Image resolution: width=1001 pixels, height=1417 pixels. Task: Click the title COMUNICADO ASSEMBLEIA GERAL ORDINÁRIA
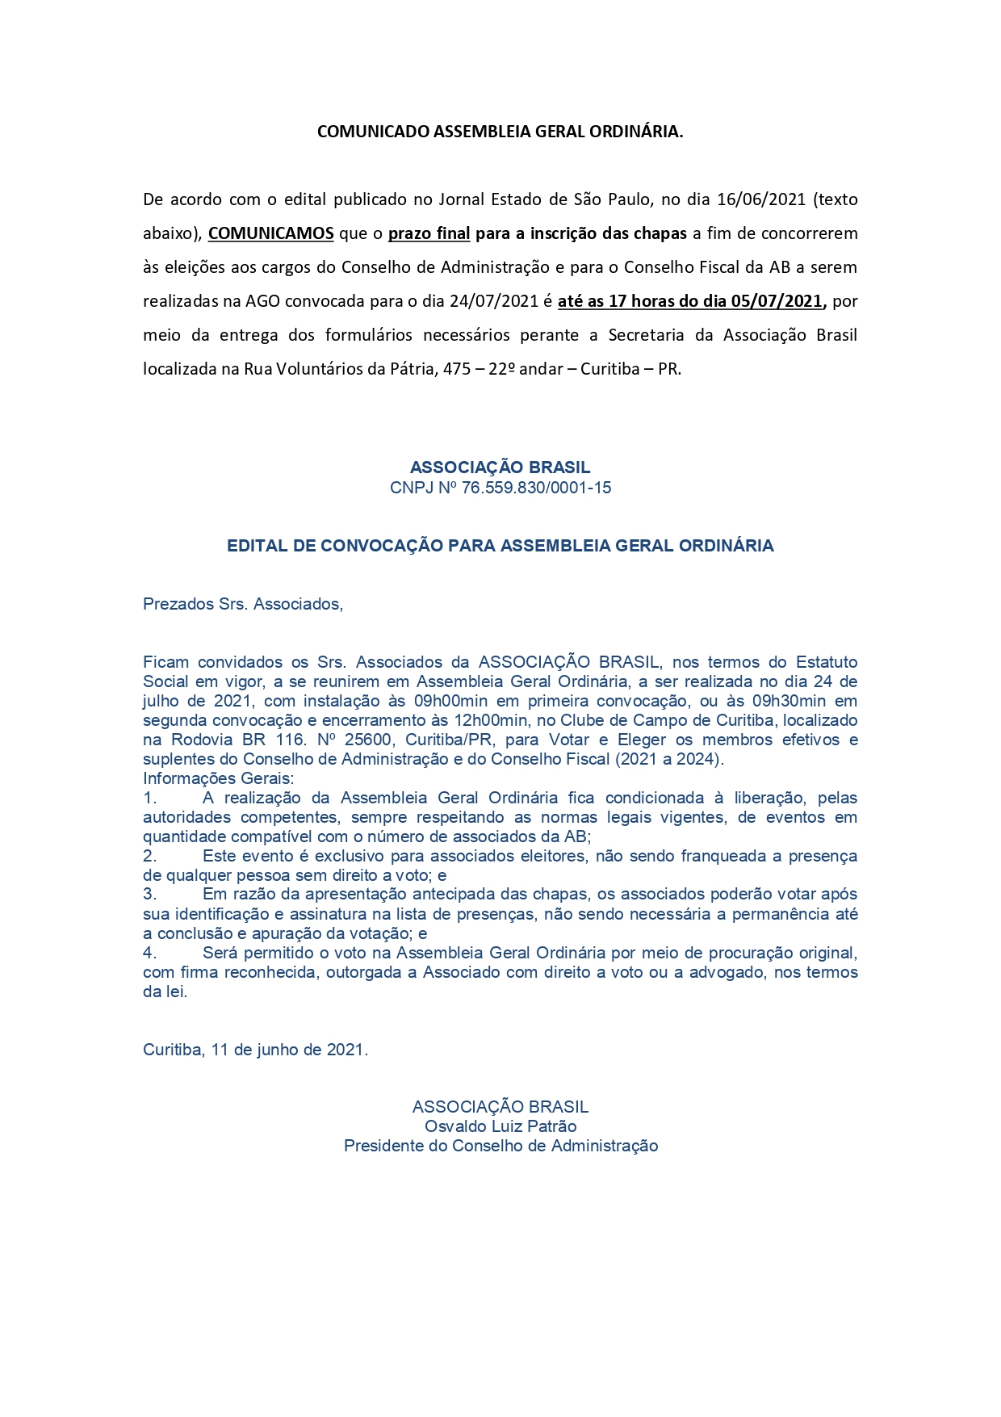point(500,132)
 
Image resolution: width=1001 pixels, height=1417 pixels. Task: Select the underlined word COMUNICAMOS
point(270,233)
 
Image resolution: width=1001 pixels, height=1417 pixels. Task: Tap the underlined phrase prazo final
point(429,233)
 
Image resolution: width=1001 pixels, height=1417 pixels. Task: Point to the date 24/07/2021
point(494,301)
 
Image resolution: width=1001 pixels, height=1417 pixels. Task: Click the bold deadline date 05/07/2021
point(776,301)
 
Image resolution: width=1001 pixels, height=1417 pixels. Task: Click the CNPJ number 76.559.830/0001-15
point(536,488)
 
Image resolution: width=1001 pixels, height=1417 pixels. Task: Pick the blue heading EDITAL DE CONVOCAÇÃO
point(500,546)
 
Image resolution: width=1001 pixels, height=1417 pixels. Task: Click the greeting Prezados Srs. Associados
point(242,604)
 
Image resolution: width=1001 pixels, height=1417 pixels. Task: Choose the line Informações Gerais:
point(219,778)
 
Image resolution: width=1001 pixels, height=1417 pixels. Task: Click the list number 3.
point(149,895)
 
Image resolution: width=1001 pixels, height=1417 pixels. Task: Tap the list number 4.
point(149,953)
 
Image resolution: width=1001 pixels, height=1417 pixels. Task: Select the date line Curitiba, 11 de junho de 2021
point(255,1050)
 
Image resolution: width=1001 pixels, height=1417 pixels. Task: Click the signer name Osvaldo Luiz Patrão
point(500,1126)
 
